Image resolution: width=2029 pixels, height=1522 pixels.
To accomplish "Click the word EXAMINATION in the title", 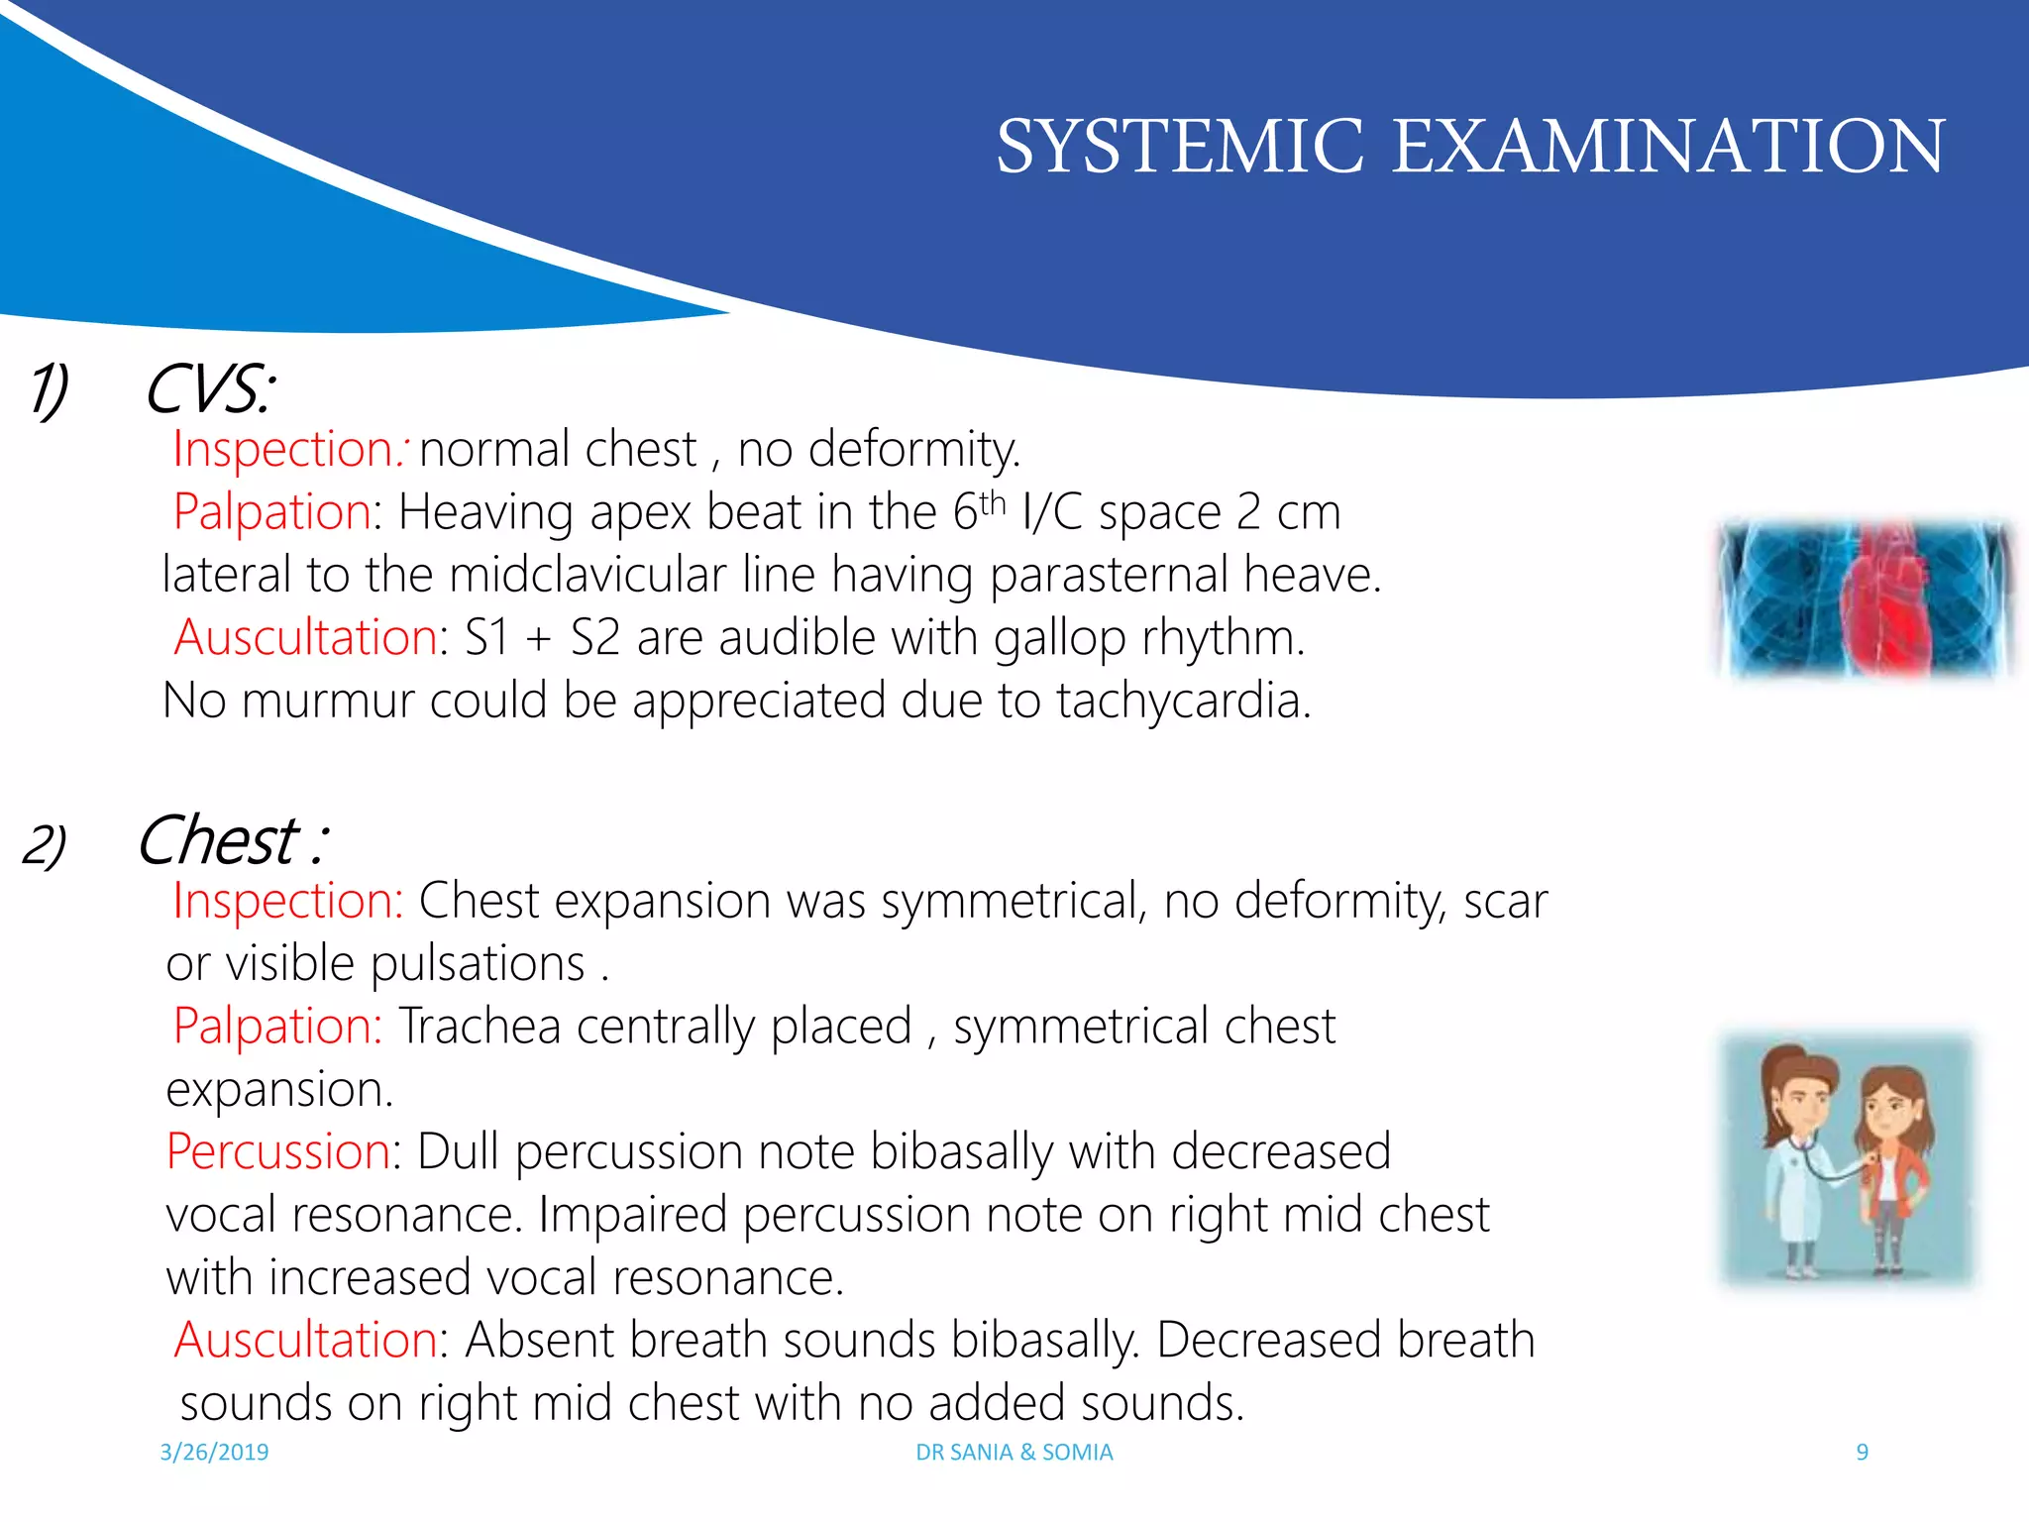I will pos(1668,147).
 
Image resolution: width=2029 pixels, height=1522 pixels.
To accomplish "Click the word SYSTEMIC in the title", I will pos(1179,147).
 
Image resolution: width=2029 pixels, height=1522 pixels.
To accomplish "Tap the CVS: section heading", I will pos(209,388).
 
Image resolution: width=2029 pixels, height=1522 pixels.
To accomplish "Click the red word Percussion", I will pos(278,1151).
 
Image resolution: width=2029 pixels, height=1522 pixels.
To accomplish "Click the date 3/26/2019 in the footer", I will pos(214,1452).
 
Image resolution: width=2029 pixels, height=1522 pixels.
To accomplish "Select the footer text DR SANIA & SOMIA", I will pos(1014,1452).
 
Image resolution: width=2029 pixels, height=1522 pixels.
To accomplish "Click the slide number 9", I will pos(1862,1452).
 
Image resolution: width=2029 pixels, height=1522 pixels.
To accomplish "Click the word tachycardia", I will pos(1183,701).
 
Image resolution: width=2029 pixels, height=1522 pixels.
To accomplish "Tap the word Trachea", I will pos(480,1027).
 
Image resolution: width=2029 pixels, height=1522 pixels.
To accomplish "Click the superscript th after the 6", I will pos(993,502).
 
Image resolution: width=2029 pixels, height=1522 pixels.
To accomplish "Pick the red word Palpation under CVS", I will pos(272,512).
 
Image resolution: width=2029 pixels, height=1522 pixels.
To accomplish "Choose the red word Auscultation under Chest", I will pos(305,1340).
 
